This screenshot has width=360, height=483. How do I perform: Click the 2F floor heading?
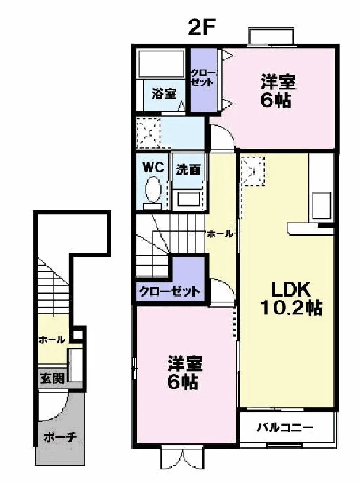click(x=201, y=28)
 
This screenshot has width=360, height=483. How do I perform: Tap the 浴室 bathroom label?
click(x=164, y=94)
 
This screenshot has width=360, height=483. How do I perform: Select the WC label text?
click(x=153, y=168)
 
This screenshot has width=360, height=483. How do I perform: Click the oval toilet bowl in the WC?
click(x=153, y=189)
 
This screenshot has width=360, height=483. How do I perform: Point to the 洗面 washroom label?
click(x=188, y=170)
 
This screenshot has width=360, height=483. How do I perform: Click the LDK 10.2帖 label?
click(x=291, y=298)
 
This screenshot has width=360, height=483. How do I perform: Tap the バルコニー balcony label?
click(x=285, y=427)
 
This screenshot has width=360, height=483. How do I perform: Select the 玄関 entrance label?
click(x=52, y=378)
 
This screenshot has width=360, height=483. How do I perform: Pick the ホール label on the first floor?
click(x=52, y=340)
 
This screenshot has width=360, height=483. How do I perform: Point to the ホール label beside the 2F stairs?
click(x=220, y=234)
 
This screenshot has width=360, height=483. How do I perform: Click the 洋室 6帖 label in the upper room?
click(x=278, y=91)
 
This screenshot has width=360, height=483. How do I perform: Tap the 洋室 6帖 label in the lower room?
click(x=184, y=373)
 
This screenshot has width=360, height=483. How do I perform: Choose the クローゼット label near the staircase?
click(x=169, y=291)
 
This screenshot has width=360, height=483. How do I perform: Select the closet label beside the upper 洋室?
click(x=203, y=78)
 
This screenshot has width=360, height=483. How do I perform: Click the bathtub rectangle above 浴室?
click(x=161, y=64)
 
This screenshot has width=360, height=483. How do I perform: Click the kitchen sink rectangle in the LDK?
click(x=322, y=205)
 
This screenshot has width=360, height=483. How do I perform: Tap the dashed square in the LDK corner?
click(x=253, y=171)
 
